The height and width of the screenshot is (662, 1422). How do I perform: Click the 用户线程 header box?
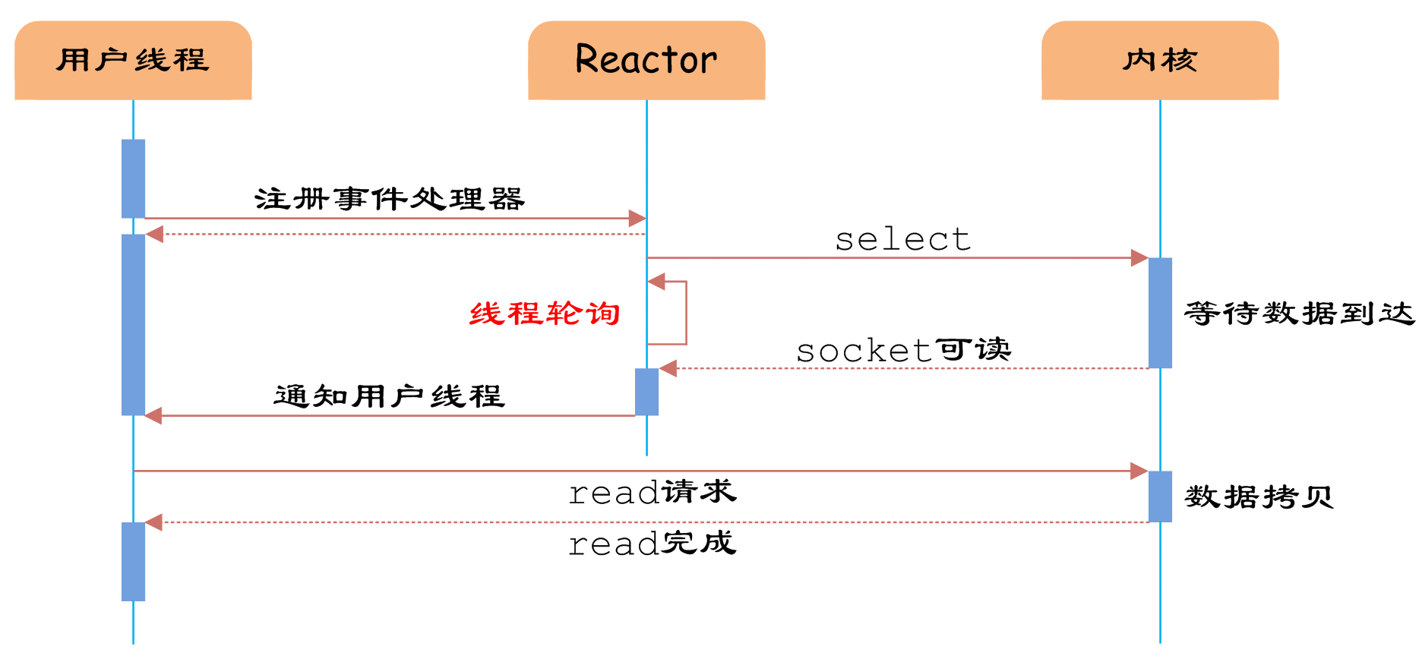click(133, 60)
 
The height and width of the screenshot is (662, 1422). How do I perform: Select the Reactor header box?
click(646, 60)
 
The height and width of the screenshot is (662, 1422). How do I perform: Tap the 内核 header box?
click(1160, 60)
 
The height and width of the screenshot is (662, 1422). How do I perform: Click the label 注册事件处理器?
click(389, 199)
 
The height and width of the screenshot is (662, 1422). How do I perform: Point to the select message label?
click(902, 239)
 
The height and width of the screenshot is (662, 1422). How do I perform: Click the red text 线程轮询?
click(545, 313)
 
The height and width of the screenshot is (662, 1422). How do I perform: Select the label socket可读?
click(903, 350)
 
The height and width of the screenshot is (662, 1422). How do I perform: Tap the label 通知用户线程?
click(389, 396)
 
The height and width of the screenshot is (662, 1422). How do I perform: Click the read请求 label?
click(653, 492)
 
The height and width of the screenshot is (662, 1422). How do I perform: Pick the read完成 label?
click(653, 543)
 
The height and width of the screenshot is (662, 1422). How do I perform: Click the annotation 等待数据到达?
click(1299, 313)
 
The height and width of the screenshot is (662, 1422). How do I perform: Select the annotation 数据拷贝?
click(1259, 497)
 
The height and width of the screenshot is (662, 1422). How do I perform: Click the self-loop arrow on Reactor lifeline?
click(685, 313)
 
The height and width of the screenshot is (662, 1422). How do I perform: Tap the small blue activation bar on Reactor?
click(646, 392)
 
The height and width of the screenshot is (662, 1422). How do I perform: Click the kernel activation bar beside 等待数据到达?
click(1160, 313)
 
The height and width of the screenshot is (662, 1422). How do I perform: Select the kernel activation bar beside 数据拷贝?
click(1160, 496)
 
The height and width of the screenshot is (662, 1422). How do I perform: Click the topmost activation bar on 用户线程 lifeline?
click(133, 178)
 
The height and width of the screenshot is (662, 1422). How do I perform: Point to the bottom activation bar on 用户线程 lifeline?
click(133, 562)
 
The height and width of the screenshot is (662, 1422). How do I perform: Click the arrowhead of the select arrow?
click(1139, 258)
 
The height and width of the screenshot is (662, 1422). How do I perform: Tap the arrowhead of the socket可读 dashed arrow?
click(668, 369)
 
